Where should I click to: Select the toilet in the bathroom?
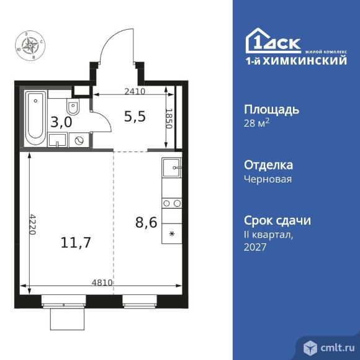73,114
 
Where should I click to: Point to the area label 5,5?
135,116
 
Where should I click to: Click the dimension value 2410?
135,91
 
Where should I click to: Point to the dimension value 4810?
101,283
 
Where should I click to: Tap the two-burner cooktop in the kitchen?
172,203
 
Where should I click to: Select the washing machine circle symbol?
79,140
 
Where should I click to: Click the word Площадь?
271,110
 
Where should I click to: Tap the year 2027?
255,247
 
